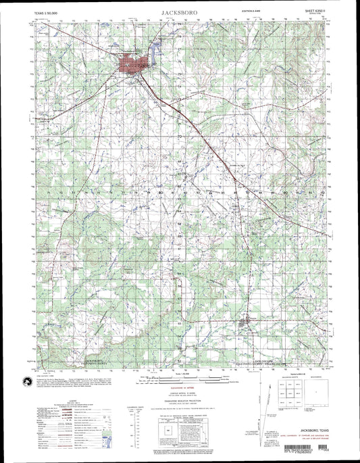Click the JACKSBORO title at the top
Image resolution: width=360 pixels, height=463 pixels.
pos(180,12)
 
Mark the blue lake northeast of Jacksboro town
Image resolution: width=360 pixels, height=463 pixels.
pos(157,49)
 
